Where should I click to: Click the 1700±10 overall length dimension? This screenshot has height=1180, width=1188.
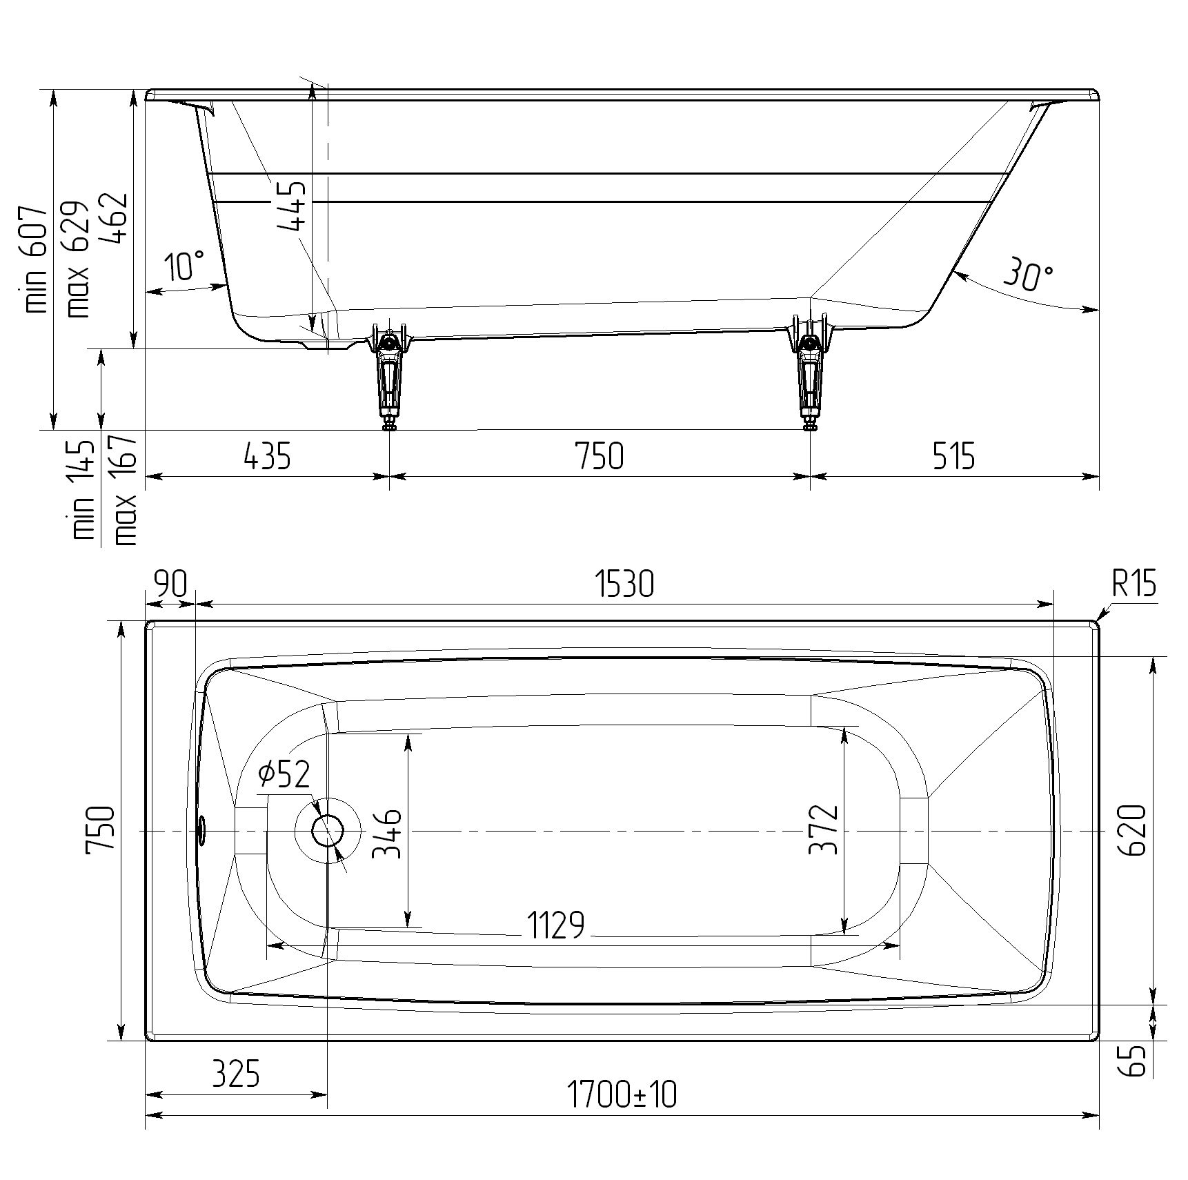(x=622, y=1094)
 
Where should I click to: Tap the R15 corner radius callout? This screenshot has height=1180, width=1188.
(x=1133, y=585)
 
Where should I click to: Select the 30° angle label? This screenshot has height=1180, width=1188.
(x=1028, y=274)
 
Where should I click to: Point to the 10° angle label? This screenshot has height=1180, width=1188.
(x=184, y=266)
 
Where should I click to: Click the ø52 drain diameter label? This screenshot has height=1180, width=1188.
(x=284, y=774)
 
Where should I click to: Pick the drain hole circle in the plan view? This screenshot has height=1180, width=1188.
(x=328, y=831)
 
